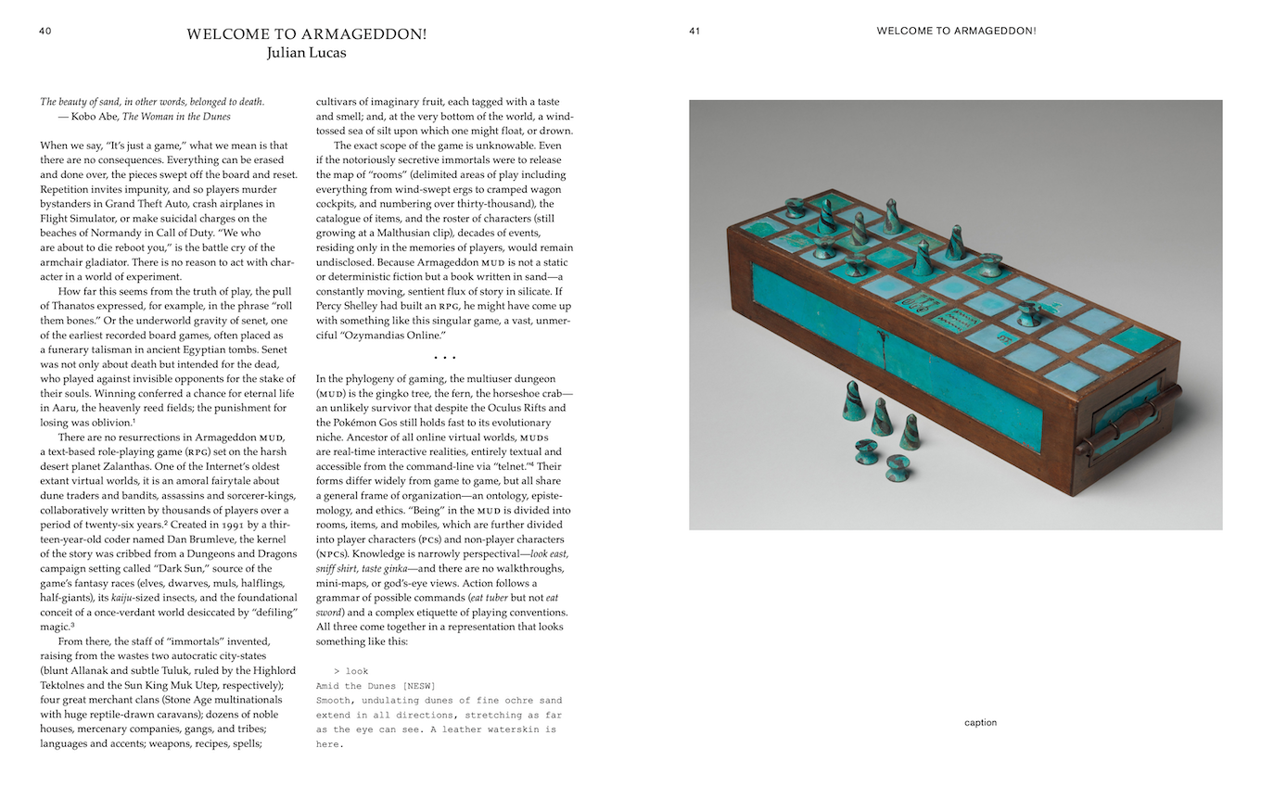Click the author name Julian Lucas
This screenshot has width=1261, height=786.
(x=306, y=53)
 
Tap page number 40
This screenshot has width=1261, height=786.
(x=45, y=31)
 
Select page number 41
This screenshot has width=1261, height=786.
(x=694, y=31)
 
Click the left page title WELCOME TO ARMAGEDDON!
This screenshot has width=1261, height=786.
(x=306, y=34)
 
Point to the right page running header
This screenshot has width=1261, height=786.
(x=956, y=31)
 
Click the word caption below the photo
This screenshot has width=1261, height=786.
(x=980, y=723)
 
